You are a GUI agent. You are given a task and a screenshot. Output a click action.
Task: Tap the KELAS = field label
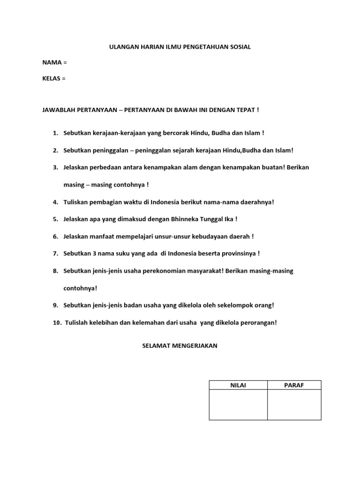pyautogui.click(x=54, y=78)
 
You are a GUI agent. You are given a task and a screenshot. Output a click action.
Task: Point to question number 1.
pyautogui.click(x=55, y=133)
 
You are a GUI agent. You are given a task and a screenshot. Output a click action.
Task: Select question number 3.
pyautogui.click(x=55, y=167)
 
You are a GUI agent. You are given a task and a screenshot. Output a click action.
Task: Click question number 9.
pyautogui.click(x=55, y=305)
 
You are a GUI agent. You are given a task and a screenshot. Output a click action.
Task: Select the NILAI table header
pyautogui.click(x=238, y=385)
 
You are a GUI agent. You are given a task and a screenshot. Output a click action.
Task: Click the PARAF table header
pyautogui.click(x=294, y=385)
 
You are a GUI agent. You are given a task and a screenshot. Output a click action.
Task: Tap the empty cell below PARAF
pyautogui.click(x=294, y=405)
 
